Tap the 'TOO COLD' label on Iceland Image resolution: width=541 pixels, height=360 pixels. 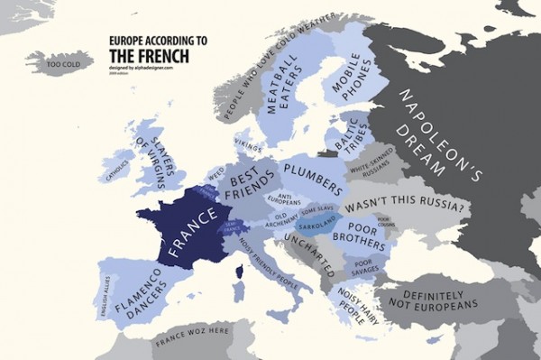click(65, 65)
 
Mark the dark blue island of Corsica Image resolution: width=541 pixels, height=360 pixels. click(239, 271)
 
